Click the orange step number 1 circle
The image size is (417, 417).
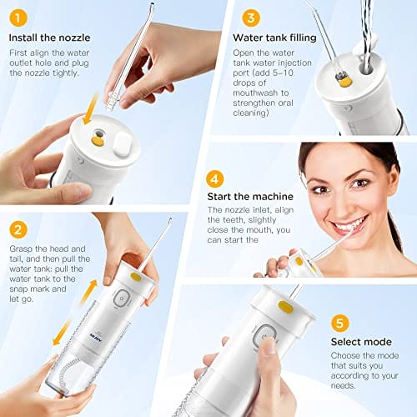coord(18,18)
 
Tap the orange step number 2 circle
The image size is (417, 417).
coord(18,229)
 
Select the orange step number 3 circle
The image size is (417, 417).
coord(251,18)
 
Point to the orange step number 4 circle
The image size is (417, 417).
coord(215,179)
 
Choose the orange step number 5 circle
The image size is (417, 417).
coord(339,323)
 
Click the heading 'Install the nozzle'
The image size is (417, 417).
coord(49,38)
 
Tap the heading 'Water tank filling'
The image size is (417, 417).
coord(274,38)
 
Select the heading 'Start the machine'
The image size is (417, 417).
coord(250,197)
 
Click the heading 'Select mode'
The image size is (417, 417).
coord(361,342)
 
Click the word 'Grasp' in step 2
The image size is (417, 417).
coord(21,249)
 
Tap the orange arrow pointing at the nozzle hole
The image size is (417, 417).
coord(91,109)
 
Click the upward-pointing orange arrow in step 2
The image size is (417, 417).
coord(88,293)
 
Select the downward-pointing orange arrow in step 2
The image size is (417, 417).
coord(61,333)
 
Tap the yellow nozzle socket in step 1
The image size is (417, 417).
coord(98,138)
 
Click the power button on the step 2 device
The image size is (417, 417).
coord(122,299)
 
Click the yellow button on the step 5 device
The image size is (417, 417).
coord(285,308)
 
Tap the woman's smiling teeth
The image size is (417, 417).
coord(349,224)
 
